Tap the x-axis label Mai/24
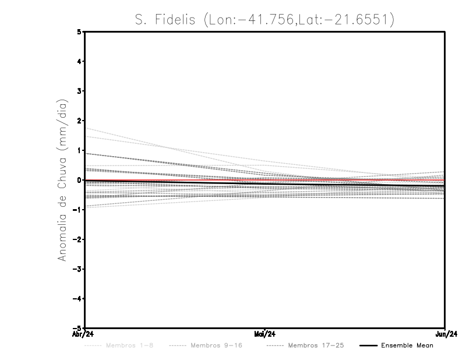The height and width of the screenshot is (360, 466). tap(265, 334)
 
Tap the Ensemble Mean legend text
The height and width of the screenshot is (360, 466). tap(407, 345)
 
